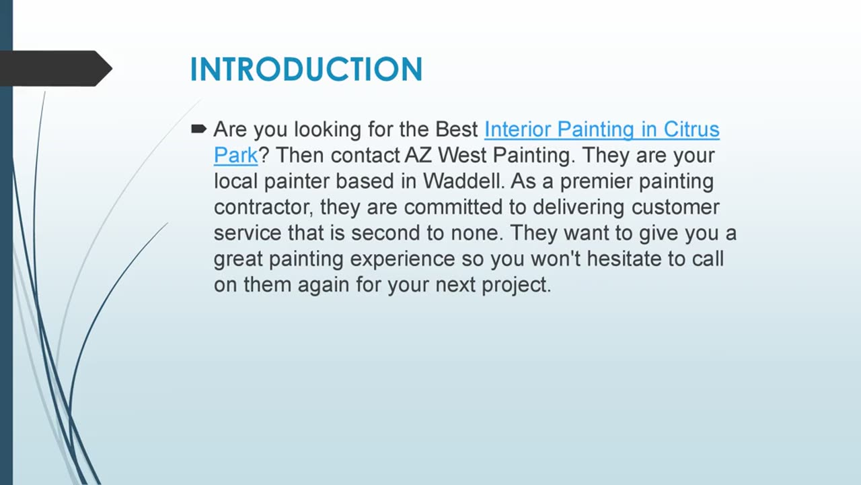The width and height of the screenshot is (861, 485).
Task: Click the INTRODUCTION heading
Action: pos(306,69)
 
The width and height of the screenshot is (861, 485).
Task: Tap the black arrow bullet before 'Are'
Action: pos(198,128)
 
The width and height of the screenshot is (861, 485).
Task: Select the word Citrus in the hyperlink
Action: pos(691,129)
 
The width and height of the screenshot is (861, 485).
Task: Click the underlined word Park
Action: pos(235,156)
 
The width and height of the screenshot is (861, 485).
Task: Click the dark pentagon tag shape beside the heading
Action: pos(54,68)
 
